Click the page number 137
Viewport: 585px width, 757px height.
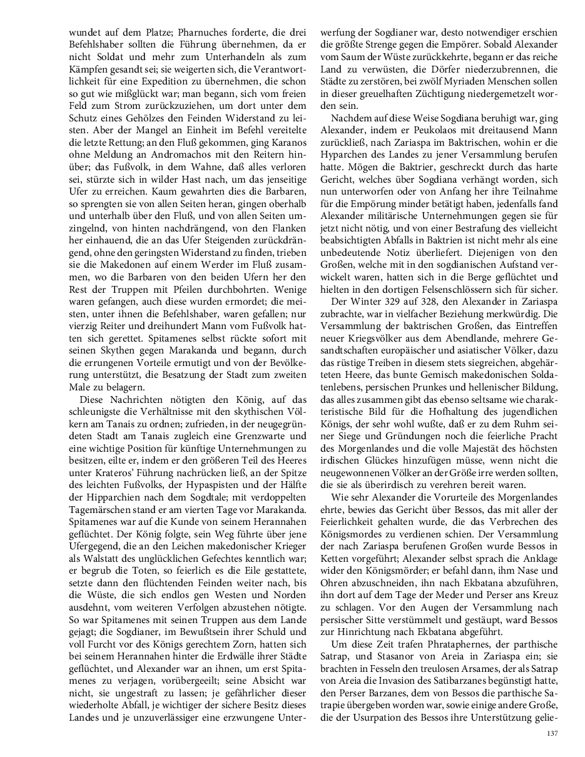(x=552, y=734)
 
